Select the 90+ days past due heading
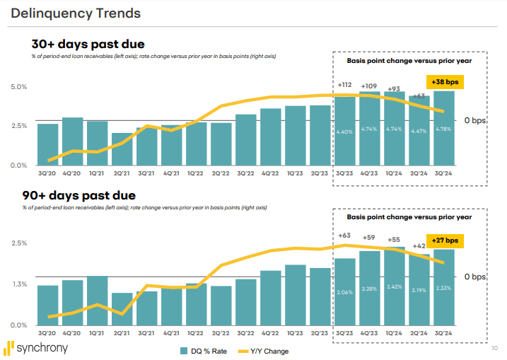click(79, 195)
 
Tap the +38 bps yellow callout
click(444, 82)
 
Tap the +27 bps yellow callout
click(444, 240)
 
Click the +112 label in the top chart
click(345, 84)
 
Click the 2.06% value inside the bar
click(345, 291)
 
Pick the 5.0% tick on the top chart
click(19, 87)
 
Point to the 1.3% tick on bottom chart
click(19, 284)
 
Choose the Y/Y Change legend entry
click(264, 351)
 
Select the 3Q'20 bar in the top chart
click(48, 144)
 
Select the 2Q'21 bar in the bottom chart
click(122, 308)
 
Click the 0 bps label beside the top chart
click(476, 120)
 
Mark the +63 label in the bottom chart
click(345, 236)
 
